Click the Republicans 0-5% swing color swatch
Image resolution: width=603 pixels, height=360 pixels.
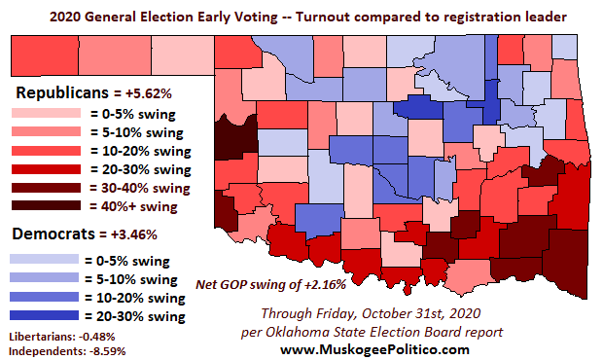[x=43, y=113]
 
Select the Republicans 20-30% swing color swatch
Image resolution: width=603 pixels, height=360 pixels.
[x=43, y=168]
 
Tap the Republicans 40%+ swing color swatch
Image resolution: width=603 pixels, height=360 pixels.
[x=43, y=205]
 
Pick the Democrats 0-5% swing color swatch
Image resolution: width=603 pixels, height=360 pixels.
[x=43, y=261]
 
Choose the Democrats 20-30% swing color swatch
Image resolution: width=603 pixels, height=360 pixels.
[x=43, y=316]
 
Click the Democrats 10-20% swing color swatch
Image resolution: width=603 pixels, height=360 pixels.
[x=43, y=298]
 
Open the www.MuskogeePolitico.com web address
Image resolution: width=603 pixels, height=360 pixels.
[x=373, y=348]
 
